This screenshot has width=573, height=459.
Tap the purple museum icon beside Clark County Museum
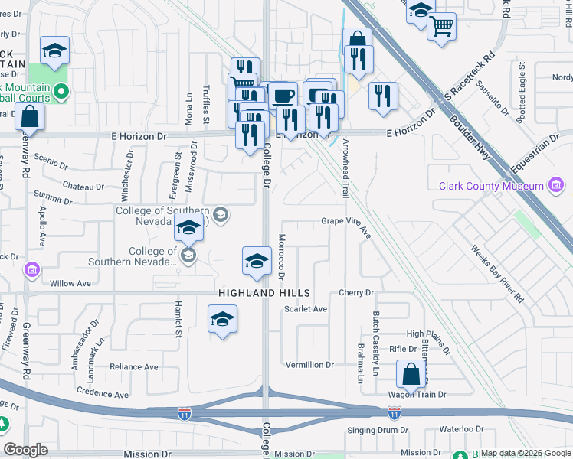click(x=557, y=186)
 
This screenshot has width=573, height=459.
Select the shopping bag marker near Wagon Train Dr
click(x=411, y=375)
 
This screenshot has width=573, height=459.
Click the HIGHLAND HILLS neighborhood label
click(x=264, y=293)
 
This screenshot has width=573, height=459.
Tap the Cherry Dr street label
click(x=355, y=293)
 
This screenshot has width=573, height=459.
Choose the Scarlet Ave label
click(x=306, y=309)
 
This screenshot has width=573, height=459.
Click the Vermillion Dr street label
click(x=309, y=365)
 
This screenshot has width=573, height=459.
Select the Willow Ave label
click(x=70, y=283)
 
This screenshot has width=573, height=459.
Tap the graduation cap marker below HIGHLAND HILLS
click(x=222, y=319)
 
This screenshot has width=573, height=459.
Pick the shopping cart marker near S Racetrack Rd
click(x=441, y=27)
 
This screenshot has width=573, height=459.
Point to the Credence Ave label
click(x=103, y=394)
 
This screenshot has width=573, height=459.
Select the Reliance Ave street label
click(x=133, y=367)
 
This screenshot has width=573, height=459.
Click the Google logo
click(x=26, y=450)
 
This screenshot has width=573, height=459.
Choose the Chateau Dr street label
click(x=83, y=187)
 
